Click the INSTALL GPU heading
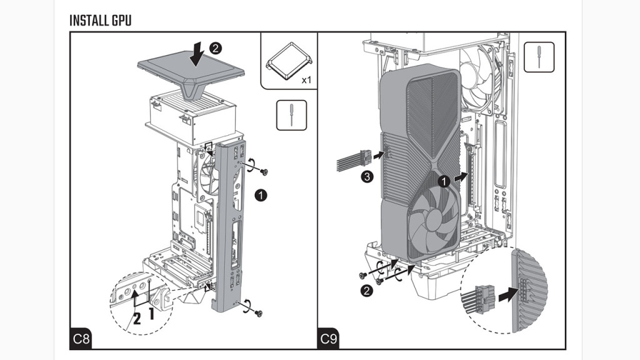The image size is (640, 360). (x=101, y=20)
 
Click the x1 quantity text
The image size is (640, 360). (x=306, y=80)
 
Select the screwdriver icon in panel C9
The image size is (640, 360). (x=539, y=57)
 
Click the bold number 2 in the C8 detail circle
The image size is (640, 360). (x=136, y=318)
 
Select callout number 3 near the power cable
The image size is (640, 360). (x=369, y=178)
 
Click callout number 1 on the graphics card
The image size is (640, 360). (x=443, y=181)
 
